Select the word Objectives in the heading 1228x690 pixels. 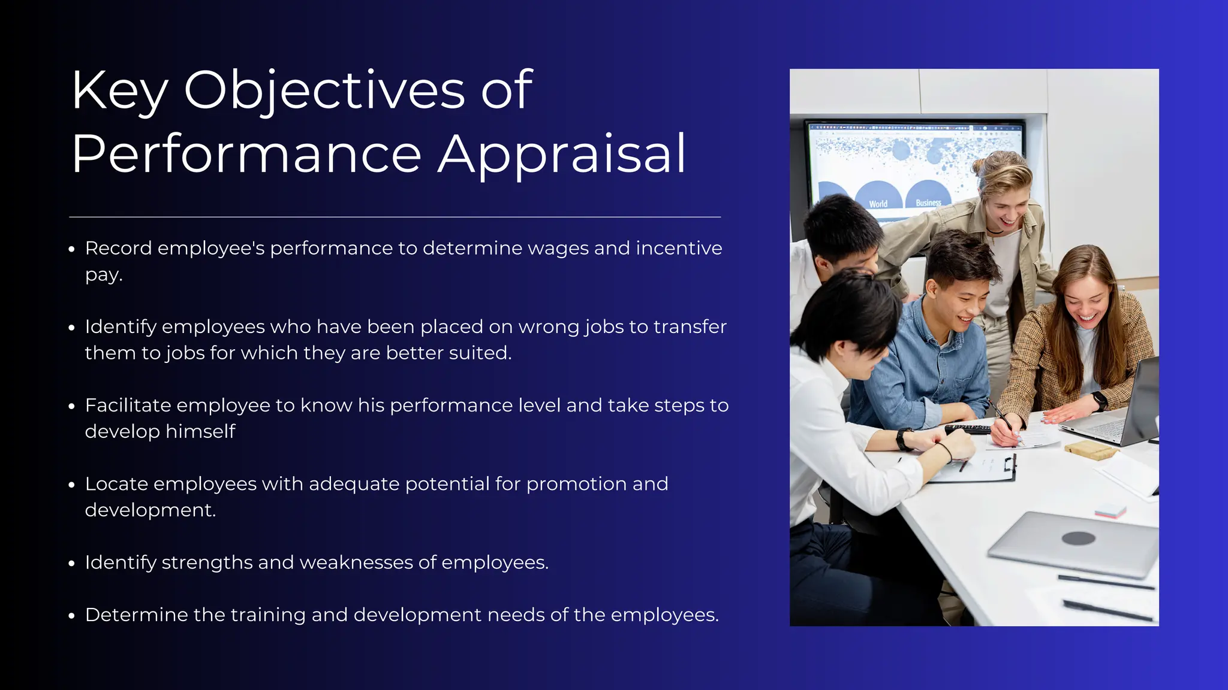tap(324, 91)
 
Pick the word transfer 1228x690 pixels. tap(690, 327)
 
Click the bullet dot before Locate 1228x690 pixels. tap(72, 485)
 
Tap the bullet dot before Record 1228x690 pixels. tap(72, 249)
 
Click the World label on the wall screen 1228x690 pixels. tap(878, 204)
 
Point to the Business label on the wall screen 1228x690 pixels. tap(928, 202)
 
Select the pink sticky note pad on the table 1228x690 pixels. tap(1110, 511)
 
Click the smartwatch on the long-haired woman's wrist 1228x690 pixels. tap(1098, 400)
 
